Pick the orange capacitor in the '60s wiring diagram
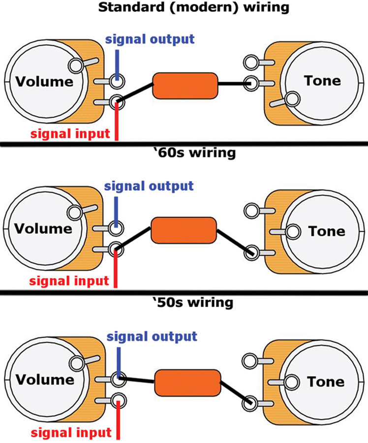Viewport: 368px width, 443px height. (184, 230)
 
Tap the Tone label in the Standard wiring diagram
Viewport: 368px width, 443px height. (322, 80)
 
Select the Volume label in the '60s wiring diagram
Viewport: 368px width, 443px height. (43, 229)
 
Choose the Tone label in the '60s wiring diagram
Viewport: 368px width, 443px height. (327, 231)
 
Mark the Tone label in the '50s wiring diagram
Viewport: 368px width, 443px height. (326, 381)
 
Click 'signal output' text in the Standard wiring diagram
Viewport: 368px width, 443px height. (150, 39)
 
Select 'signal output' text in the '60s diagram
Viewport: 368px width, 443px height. (149, 186)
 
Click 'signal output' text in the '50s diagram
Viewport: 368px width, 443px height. (152, 337)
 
